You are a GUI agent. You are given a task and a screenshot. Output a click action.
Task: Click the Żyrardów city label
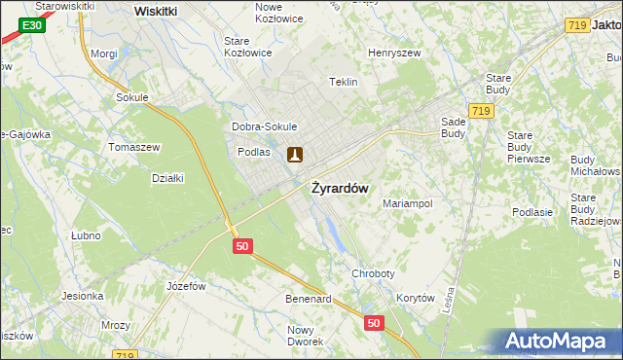[340, 189]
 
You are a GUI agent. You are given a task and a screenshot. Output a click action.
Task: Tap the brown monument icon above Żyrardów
[295, 154]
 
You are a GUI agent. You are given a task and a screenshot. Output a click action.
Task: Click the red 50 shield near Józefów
[243, 247]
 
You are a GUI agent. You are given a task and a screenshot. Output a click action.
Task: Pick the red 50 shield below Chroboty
[373, 322]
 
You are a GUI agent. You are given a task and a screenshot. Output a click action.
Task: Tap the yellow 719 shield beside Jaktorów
[576, 25]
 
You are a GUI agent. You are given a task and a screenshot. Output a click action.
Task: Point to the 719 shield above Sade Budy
[479, 112]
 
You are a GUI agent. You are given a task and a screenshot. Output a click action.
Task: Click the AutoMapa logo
[559, 342]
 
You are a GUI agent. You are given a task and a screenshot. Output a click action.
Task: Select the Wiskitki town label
[156, 11]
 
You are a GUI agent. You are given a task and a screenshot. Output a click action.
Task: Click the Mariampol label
[407, 204]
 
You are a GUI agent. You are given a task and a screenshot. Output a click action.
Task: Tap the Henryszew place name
[393, 54]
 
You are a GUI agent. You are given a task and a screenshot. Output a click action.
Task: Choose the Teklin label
[345, 83]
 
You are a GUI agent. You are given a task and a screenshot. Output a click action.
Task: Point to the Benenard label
[309, 299]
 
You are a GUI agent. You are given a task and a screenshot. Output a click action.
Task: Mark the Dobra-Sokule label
[264, 126]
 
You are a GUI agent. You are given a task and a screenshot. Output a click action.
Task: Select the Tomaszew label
[133, 147]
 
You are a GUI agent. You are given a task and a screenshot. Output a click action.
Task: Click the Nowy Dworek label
[306, 336]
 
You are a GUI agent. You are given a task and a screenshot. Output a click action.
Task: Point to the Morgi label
[103, 54]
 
